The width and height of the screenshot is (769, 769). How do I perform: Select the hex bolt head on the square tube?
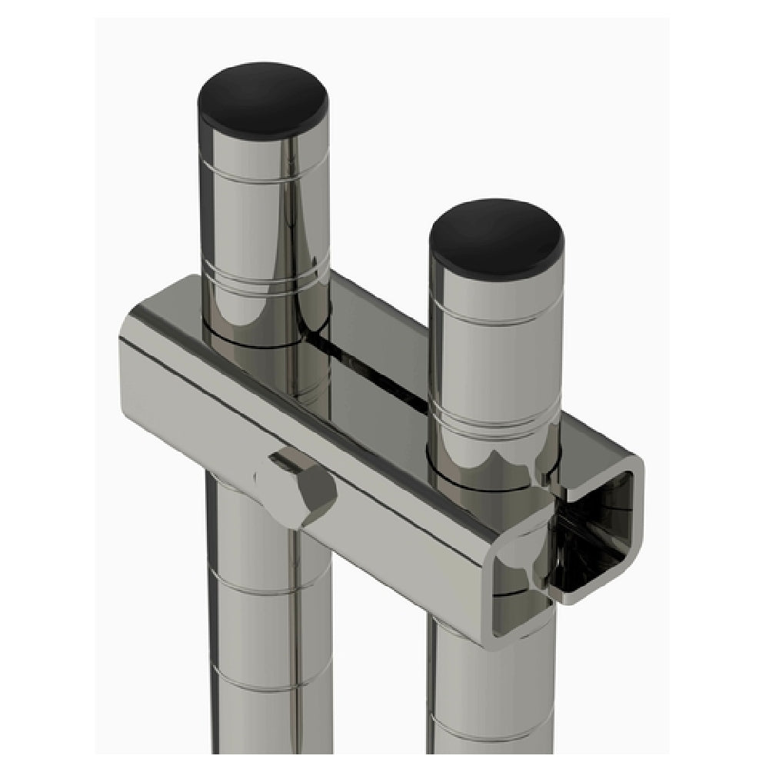[x=301, y=486]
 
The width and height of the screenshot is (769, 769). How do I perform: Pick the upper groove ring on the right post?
[x=494, y=315]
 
